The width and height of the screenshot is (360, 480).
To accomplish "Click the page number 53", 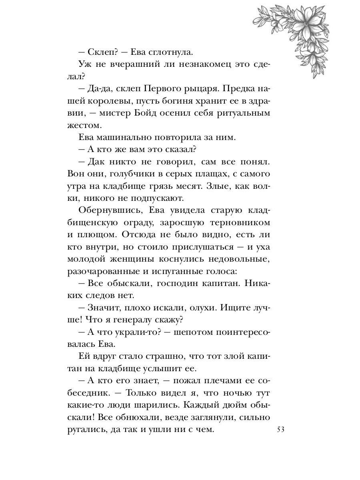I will pos(280,430).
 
